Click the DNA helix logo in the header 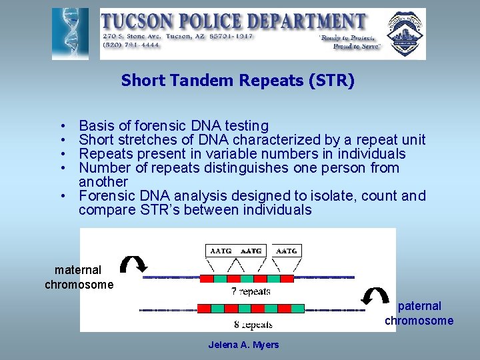click(70, 33)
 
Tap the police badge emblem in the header click(405, 33)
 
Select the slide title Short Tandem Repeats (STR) click(238, 81)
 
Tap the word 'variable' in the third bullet click(231, 153)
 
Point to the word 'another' click(103, 181)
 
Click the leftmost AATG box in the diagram click(221, 251)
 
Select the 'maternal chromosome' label click(79, 277)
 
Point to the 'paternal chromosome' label click(419, 313)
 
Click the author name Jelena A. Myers click(243, 345)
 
